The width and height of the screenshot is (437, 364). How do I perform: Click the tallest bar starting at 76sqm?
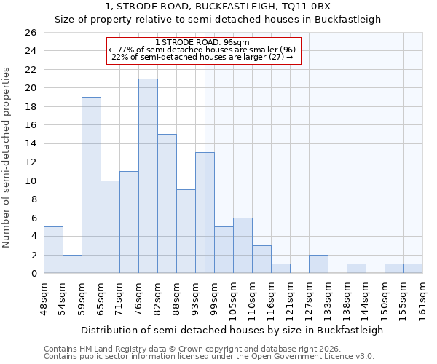[148, 176]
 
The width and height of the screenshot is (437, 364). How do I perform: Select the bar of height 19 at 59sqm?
[91, 186]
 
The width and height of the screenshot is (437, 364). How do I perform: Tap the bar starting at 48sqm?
[53, 250]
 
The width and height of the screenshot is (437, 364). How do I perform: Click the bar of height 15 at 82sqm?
[167, 204]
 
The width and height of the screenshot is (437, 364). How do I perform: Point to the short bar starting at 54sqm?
[72, 264]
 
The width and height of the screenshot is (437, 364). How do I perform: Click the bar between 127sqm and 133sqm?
[318, 264]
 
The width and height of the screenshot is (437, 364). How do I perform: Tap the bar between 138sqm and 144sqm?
[356, 269]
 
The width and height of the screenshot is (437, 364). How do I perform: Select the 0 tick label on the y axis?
[33, 274]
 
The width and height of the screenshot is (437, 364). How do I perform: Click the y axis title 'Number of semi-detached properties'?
[8, 157]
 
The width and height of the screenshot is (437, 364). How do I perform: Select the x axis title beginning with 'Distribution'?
[232, 330]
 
